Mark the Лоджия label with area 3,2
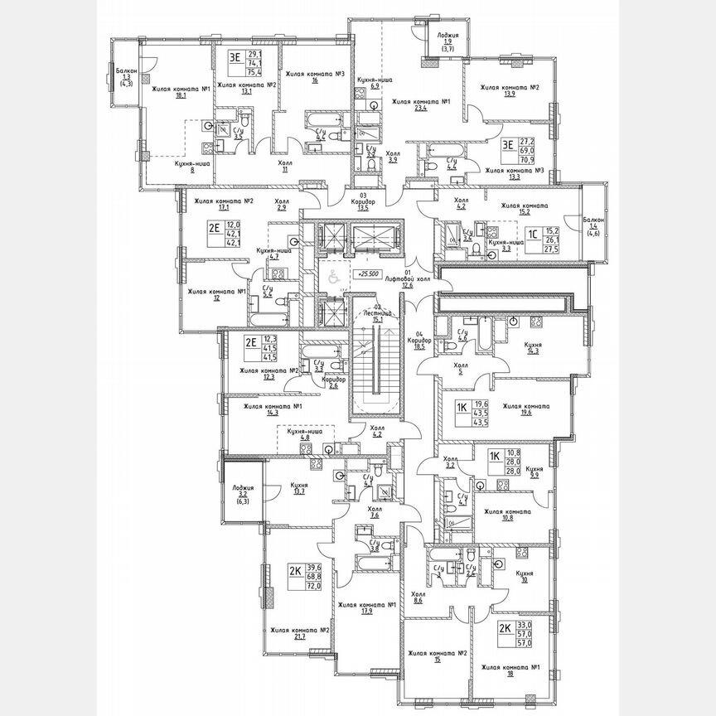pyautogui.click(x=243, y=494)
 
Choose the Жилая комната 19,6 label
pyautogui.click(x=525, y=411)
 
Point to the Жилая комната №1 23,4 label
pyautogui.click(x=420, y=104)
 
